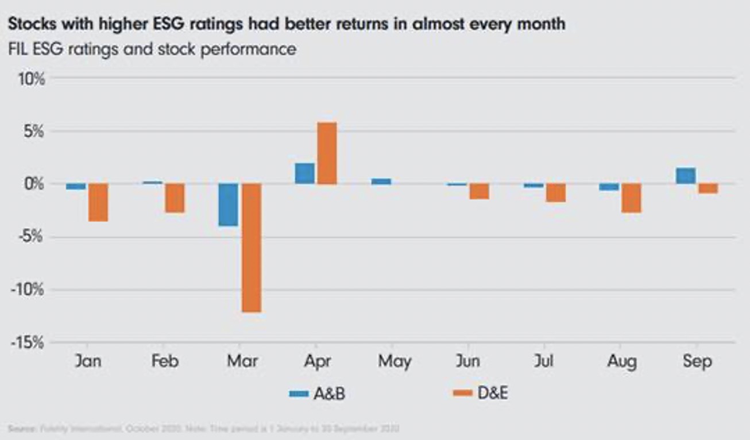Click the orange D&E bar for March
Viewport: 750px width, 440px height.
pos(251,248)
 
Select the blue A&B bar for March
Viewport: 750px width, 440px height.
pos(229,204)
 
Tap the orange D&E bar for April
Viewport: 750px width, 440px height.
pos(327,153)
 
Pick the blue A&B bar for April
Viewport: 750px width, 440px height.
pos(305,173)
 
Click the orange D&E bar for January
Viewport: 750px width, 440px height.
pos(98,202)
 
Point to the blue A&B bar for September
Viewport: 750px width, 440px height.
pos(686,176)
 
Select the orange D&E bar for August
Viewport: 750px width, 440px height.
pos(632,198)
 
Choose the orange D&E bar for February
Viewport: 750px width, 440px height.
pos(175,198)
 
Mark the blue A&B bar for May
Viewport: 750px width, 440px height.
pos(381,181)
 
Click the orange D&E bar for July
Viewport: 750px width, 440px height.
pos(555,193)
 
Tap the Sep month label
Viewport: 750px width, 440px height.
pos(698,362)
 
